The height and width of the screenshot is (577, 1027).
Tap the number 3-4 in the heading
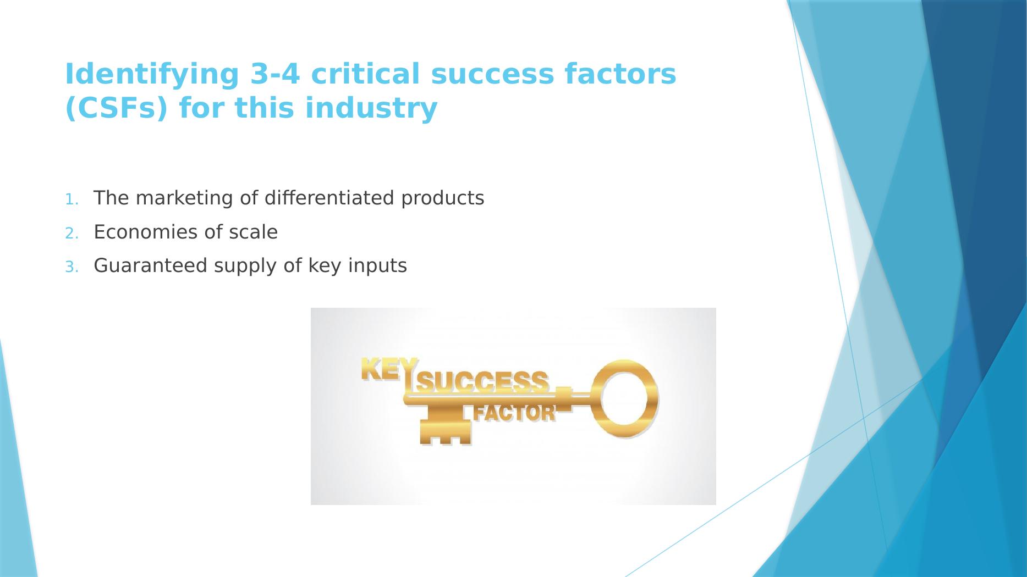click(x=275, y=74)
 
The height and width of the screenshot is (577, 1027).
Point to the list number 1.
click(x=72, y=199)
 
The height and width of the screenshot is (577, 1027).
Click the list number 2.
click(x=72, y=234)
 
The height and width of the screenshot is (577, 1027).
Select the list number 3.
click(x=72, y=267)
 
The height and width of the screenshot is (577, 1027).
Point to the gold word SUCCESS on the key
click(x=482, y=381)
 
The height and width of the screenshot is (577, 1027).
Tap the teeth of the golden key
click(x=446, y=431)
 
